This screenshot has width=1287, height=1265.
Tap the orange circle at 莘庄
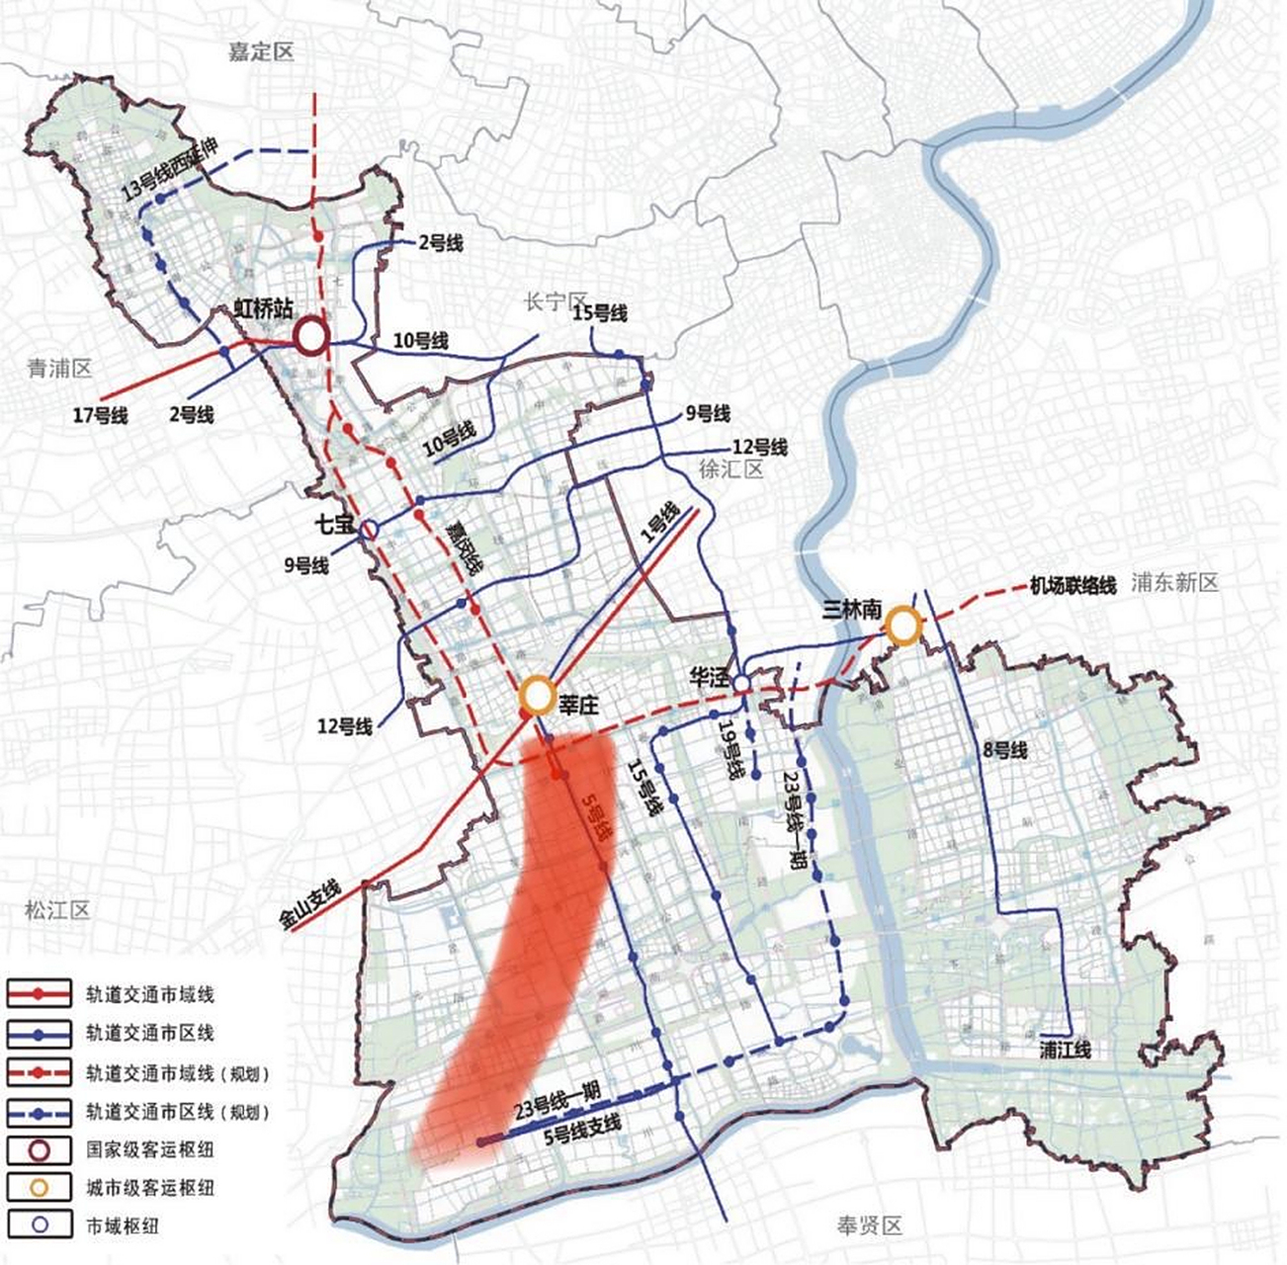[x=537, y=696]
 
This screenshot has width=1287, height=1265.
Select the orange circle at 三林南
[x=902, y=625]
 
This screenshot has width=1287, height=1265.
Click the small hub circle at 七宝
[x=368, y=531]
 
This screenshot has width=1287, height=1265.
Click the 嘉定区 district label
[x=261, y=52]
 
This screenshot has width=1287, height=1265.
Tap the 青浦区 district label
[x=59, y=369]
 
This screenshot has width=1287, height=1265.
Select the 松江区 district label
[x=57, y=909]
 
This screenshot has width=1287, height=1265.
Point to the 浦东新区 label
[x=1176, y=582]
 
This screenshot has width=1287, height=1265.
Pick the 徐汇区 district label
[x=731, y=469]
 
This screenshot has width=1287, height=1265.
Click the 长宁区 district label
[x=556, y=302]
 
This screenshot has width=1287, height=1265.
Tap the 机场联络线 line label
[x=1072, y=586]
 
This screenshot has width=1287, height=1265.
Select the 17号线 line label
[x=101, y=416]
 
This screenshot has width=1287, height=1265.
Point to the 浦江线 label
[x=1066, y=1050]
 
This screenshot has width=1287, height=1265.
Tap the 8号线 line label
[x=1005, y=751]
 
